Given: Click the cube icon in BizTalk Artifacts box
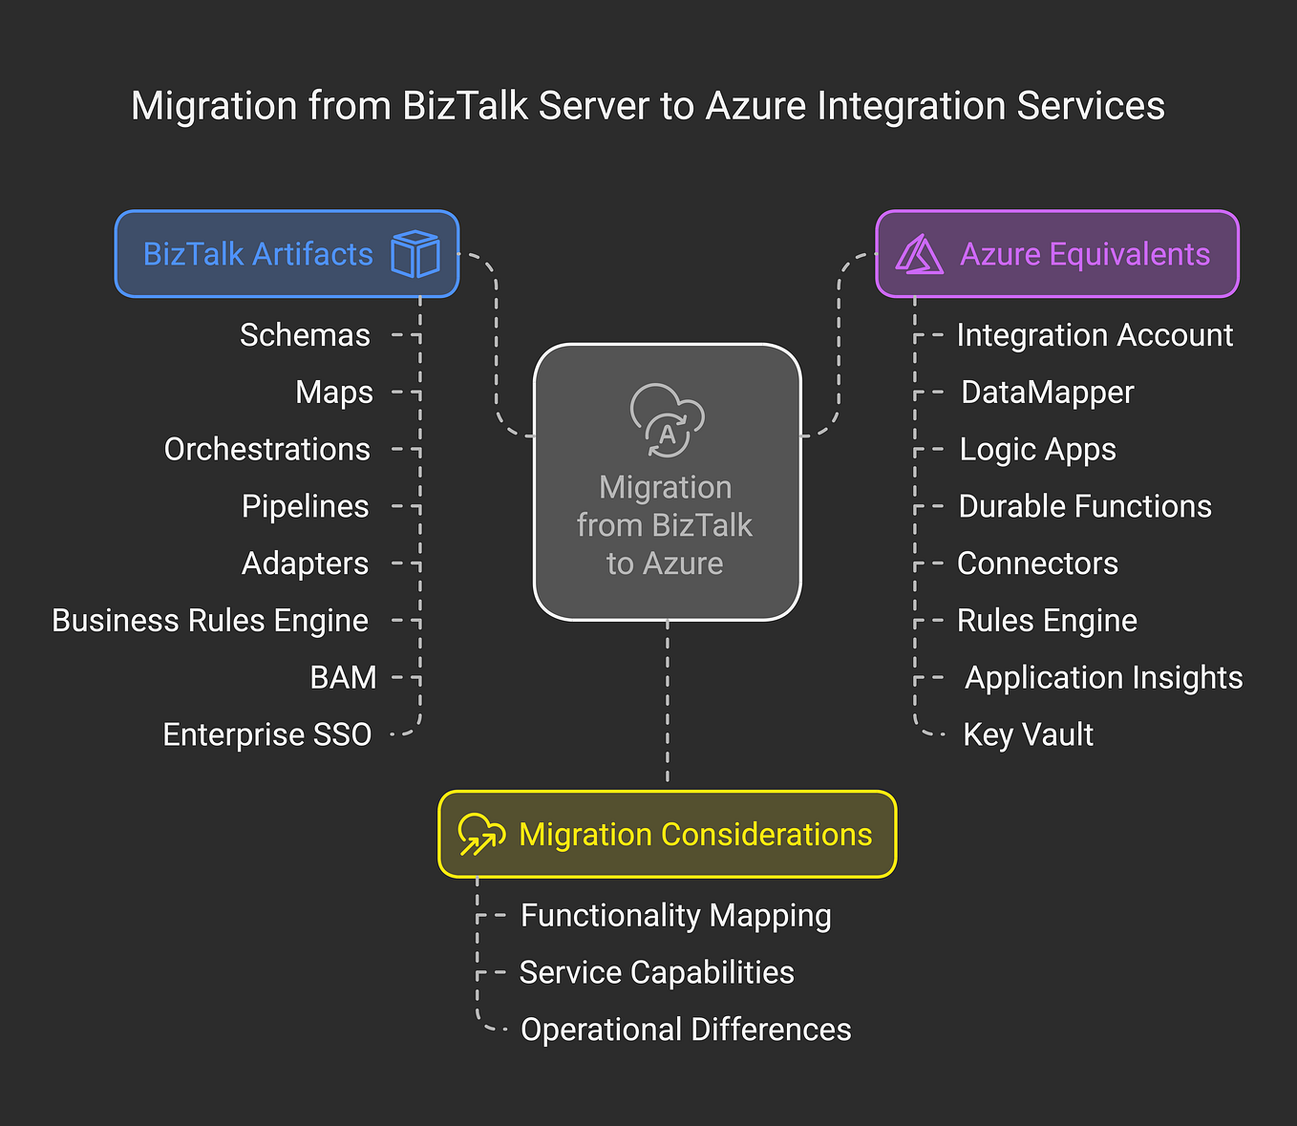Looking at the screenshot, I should pos(415,254).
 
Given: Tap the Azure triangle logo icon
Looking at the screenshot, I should pos(919,255).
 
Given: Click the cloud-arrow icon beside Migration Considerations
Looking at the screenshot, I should pos(481,834).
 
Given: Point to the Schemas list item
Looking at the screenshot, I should pos(305,335).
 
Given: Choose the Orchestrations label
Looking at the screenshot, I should pos(266,449).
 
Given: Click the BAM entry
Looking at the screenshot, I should pos(343,677).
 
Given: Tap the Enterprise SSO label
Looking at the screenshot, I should pos(266,734).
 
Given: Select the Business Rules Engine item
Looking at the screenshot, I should pos(210,621).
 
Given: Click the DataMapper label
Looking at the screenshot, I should pos(1047,393).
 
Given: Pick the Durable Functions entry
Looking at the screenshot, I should pos(1085,506).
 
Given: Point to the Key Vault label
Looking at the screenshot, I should pos(1028,734).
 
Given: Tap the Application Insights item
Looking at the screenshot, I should pos(1103,677).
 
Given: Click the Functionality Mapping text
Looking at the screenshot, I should pos(675,915).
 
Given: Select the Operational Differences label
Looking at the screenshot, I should pos(686,1030).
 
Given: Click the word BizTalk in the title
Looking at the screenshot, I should pos(465,106).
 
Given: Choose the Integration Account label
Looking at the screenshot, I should pos(1095,335).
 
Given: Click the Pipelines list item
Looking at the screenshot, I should pos(305,506).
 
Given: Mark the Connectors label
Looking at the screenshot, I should pos(1037,563).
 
